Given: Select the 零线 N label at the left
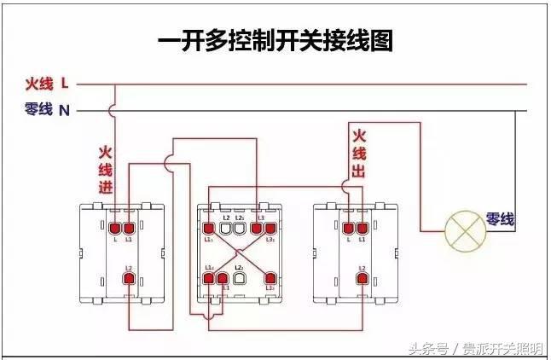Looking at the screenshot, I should point(47,109).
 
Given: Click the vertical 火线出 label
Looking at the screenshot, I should point(359,154).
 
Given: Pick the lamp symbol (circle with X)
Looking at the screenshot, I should point(464,228).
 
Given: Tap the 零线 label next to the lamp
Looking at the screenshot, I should point(500,219).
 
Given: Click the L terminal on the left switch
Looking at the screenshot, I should point(114,228).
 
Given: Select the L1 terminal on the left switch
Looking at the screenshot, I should point(129,228).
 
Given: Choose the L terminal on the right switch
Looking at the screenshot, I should point(348,228).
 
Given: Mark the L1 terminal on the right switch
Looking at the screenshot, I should point(362,228).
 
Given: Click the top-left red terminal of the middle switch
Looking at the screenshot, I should point(210,228).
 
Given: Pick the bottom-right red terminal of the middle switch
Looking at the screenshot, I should point(270,278).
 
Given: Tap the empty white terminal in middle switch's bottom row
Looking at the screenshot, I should point(240,278).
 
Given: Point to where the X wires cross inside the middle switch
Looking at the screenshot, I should point(240,253).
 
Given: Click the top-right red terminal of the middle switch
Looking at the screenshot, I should point(270,228).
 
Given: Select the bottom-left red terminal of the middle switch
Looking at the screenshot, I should point(210,278).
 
